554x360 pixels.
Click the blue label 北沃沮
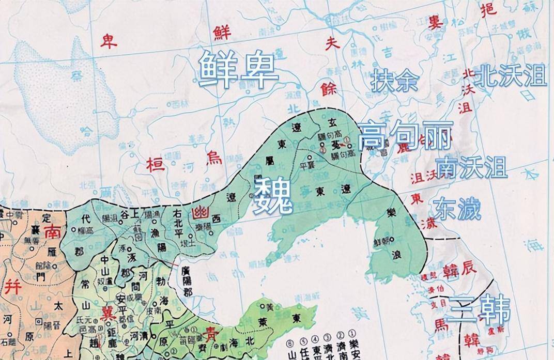(510, 76)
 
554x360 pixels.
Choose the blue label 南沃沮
(471, 167)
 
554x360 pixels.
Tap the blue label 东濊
(457, 209)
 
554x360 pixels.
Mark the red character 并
(12, 287)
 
